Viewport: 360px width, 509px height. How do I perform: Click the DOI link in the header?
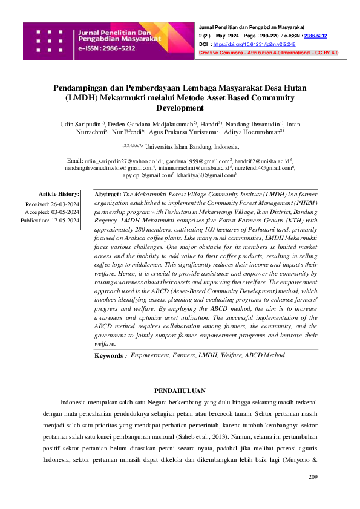click(x=244, y=45)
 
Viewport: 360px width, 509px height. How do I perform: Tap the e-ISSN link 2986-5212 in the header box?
click(x=315, y=36)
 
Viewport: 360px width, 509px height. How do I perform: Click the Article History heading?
click(x=59, y=194)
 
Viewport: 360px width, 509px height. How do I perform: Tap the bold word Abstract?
click(x=108, y=195)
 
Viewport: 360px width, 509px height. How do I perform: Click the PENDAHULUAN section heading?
click(x=180, y=391)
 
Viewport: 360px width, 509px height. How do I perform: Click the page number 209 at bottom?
click(x=312, y=478)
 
